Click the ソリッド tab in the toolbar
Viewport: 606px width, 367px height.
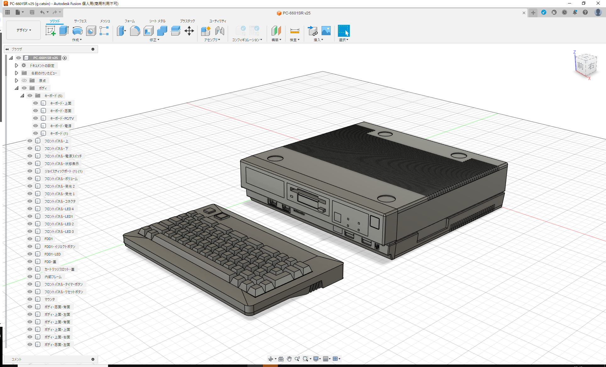(x=55, y=21)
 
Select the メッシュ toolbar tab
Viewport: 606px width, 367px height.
(x=105, y=21)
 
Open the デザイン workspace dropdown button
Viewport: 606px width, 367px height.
(x=24, y=30)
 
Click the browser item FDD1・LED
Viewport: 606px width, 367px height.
(x=52, y=254)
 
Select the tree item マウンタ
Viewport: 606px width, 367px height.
(x=49, y=299)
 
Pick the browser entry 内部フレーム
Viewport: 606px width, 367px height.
(x=53, y=277)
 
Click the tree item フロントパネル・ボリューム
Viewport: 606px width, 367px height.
(x=61, y=179)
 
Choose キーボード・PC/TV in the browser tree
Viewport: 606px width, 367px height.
(x=62, y=118)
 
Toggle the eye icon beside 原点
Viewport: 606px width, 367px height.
(x=24, y=81)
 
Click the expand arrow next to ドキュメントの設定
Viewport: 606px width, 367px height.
(x=17, y=66)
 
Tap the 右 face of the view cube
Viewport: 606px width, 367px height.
(x=591, y=66)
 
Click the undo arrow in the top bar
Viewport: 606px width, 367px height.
(x=42, y=12)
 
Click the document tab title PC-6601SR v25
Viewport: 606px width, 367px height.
(x=296, y=13)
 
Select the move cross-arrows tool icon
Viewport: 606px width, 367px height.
(x=189, y=31)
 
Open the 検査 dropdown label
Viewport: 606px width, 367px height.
(x=295, y=40)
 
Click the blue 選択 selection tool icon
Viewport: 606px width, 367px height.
(x=344, y=31)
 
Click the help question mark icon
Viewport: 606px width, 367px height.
(x=585, y=13)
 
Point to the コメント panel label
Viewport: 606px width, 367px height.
(x=17, y=359)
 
